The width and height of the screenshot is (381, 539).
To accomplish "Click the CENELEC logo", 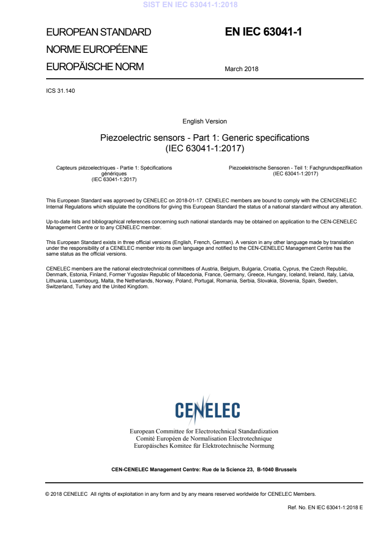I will [208, 410].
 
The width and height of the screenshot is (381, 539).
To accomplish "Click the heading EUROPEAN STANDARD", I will [98, 33].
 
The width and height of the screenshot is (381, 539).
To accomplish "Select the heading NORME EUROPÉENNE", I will [97, 49].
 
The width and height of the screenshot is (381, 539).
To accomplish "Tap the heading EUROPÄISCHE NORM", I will [95, 67].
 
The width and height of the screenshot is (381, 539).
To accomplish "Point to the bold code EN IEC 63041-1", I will [263, 32].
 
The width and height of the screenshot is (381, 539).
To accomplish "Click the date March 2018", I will [241, 69].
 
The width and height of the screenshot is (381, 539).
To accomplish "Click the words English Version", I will [205, 122].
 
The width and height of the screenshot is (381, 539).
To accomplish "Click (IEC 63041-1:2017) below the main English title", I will [205, 148].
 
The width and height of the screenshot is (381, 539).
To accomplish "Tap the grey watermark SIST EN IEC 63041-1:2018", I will [191, 5].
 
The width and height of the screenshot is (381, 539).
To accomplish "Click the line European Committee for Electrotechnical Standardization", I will [204, 431].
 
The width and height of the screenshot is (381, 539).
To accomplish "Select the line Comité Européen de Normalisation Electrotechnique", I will [204, 439].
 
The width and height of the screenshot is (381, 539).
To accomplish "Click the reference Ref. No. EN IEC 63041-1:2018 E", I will [325, 507].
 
